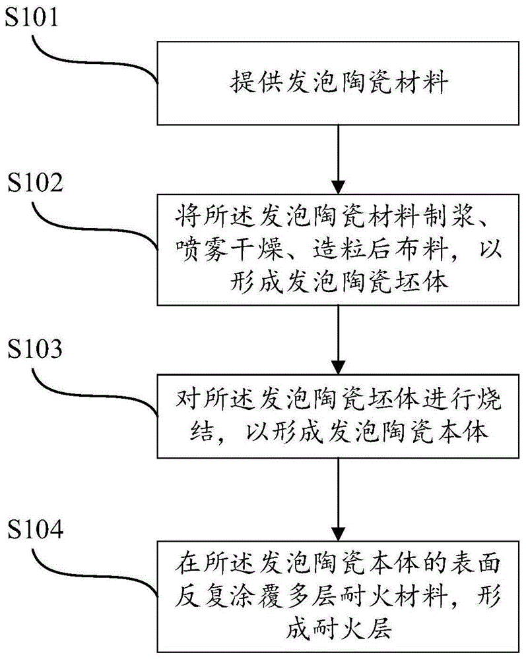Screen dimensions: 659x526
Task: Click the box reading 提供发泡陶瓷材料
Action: pos(338,83)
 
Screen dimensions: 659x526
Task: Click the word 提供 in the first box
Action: pos(245,84)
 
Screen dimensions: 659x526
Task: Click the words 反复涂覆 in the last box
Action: pos(226,598)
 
